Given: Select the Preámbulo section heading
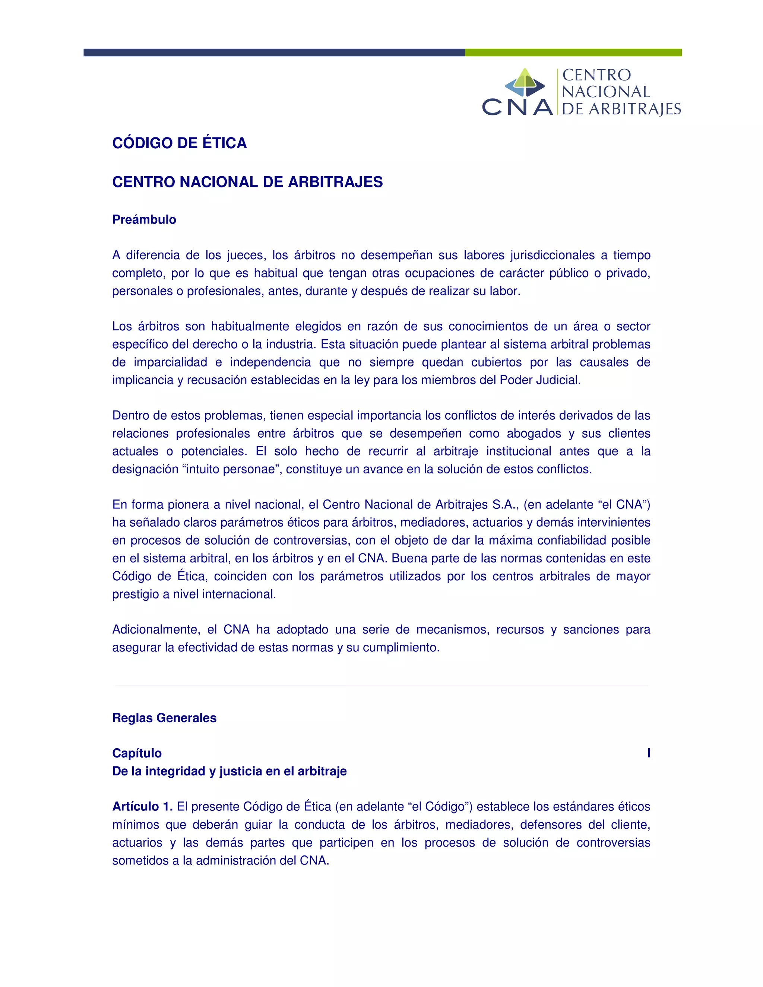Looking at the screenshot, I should tap(144, 220).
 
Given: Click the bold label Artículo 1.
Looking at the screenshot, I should tap(142, 807).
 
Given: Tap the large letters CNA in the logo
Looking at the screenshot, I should tap(517, 108).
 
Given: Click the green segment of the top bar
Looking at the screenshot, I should tap(573, 53).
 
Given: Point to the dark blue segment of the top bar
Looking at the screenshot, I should tap(274, 53).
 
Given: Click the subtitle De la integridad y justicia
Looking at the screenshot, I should tap(229, 771).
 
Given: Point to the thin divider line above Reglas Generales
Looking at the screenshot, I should tap(381, 686).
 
